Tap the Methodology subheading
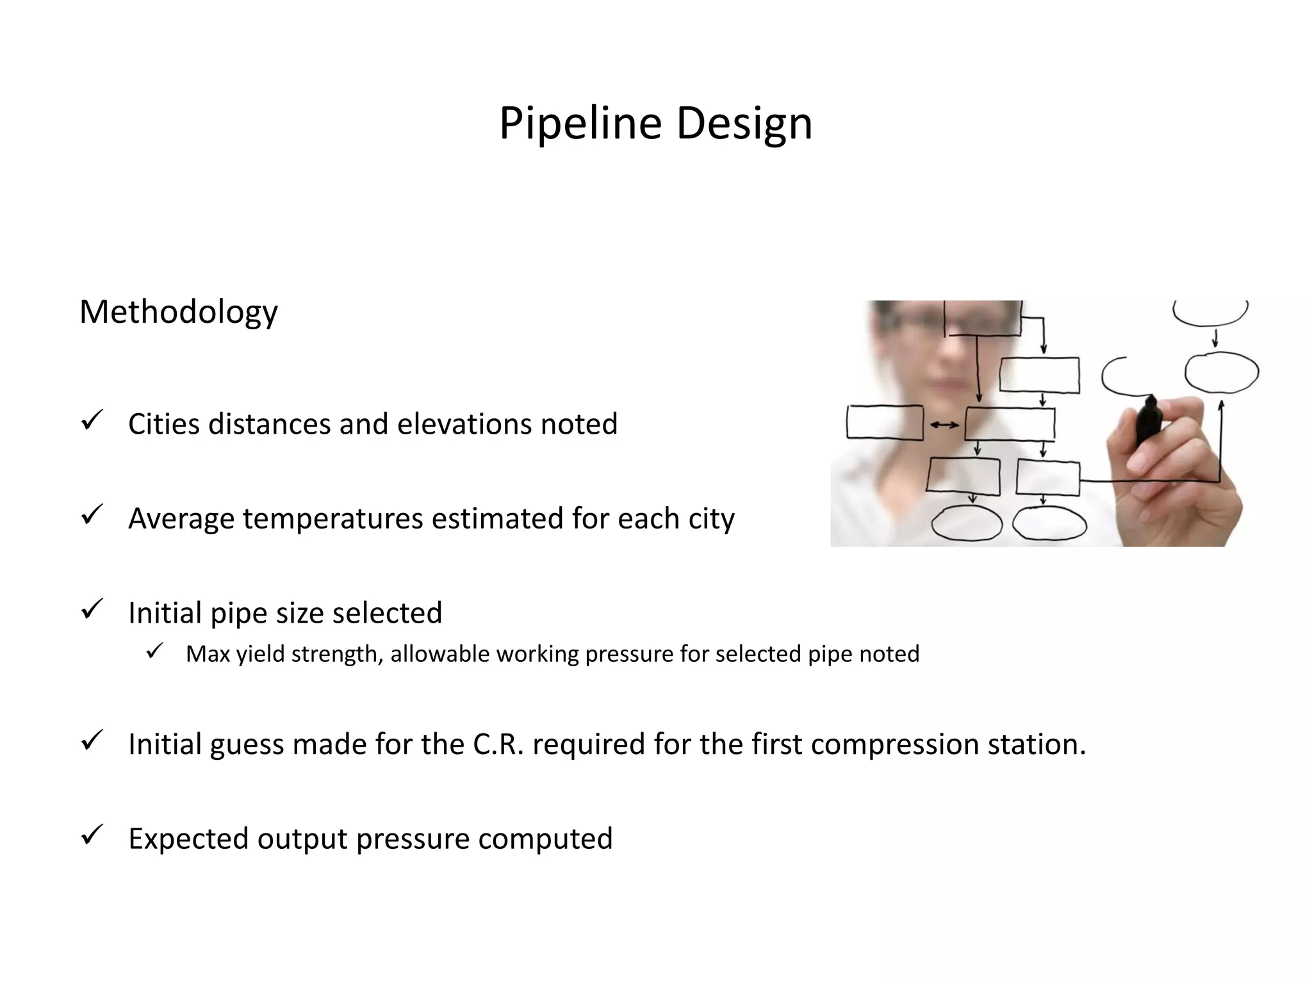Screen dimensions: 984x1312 point(178,312)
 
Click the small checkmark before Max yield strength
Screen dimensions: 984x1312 point(155,652)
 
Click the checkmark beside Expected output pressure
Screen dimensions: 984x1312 point(92,835)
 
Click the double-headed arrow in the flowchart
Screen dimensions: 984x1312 point(944,425)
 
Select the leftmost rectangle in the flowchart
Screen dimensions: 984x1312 point(885,422)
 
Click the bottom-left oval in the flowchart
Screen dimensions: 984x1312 point(966,523)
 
